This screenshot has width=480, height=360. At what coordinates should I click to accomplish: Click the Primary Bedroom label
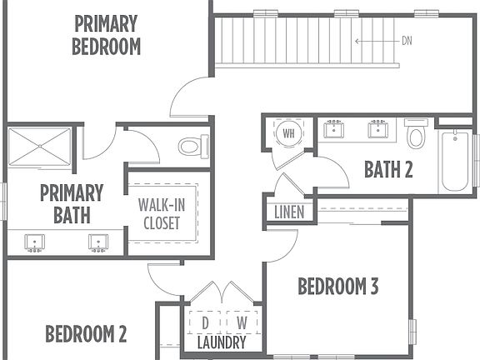tap(106, 35)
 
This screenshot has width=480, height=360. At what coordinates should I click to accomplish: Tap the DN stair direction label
tap(407, 41)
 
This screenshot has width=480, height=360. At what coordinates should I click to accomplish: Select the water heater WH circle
tap(288, 133)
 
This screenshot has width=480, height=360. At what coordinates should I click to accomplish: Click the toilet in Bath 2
tap(416, 134)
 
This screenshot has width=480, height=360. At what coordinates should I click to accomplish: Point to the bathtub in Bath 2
tap(455, 161)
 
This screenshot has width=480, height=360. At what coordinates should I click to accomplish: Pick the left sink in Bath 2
tap(333, 129)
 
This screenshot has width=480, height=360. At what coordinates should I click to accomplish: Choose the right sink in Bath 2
tap(378, 129)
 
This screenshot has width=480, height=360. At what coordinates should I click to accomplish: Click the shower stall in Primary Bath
tap(39, 147)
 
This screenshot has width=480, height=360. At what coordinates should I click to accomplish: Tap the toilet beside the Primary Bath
tap(193, 147)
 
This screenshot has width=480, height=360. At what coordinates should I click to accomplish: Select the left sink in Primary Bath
tap(35, 243)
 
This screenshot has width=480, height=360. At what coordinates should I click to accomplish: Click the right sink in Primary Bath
tap(98, 243)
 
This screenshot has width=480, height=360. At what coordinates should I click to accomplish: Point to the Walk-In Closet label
tap(162, 214)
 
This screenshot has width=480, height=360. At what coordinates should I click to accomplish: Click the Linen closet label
tap(289, 212)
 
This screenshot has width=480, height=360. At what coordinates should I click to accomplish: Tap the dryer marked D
tap(205, 322)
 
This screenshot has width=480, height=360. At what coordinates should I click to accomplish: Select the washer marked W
tap(242, 322)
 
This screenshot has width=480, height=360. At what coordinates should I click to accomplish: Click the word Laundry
tap(222, 342)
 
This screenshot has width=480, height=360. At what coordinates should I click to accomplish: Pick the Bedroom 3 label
tap(338, 286)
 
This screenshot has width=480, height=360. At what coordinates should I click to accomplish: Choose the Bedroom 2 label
tap(86, 333)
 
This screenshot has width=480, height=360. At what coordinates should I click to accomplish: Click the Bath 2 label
tap(388, 169)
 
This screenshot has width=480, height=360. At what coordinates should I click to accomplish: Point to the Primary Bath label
tap(72, 204)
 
